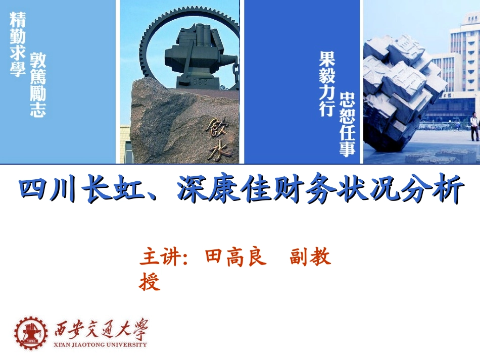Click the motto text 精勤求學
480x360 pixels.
point(18,44)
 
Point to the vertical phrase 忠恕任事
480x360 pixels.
point(348,123)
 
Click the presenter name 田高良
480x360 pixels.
point(235,258)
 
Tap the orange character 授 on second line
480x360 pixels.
point(150,282)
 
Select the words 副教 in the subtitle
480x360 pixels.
point(310,258)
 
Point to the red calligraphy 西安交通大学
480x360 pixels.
point(102,330)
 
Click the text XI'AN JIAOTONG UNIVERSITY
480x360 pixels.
point(101,345)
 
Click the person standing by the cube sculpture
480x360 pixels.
point(474,126)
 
